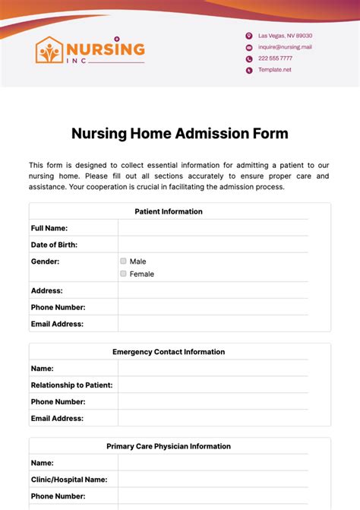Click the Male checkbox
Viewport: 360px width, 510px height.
coord(123,261)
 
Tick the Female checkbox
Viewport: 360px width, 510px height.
coord(123,274)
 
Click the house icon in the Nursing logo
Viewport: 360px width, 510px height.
coord(50,51)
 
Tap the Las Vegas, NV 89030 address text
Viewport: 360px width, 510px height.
coord(285,36)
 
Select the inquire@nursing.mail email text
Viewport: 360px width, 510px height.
coord(285,47)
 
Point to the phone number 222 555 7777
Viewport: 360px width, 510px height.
coord(275,59)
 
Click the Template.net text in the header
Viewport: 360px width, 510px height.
coord(274,70)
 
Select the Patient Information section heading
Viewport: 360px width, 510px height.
coord(169,211)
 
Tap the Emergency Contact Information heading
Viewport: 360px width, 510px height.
coord(169,352)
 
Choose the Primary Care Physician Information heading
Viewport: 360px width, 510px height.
coord(169,446)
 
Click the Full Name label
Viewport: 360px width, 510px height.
coord(49,228)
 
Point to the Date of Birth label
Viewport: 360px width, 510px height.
coord(54,245)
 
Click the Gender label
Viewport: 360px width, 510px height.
coord(45,261)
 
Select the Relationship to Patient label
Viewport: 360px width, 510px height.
coord(71,385)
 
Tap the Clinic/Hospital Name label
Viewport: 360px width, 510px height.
coord(69,480)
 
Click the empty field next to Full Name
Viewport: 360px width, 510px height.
coord(213,228)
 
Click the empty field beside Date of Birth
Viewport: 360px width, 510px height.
coord(213,245)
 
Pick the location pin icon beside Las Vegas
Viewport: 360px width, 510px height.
coord(248,36)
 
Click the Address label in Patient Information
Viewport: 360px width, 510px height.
coord(46,290)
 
